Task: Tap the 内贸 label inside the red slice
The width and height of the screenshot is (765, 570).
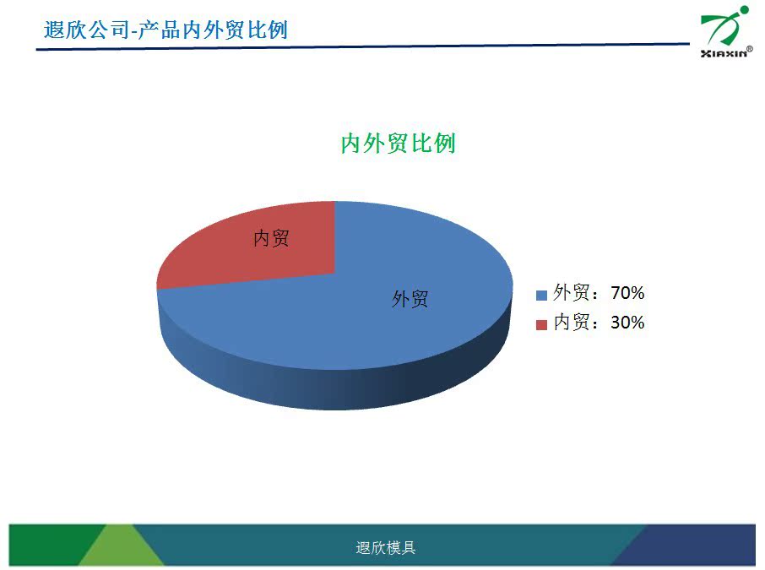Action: [x=271, y=238]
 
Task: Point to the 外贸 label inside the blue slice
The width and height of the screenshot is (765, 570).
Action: [x=410, y=299]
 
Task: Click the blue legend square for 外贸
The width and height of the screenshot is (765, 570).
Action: [x=541, y=295]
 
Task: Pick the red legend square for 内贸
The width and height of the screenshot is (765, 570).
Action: [x=541, y=324]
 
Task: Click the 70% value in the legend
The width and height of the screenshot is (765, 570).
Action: [x=627, y=293]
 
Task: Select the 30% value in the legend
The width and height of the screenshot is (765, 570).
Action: [x=627, y=323]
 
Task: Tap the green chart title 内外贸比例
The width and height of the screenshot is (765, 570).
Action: [x=398, y=144]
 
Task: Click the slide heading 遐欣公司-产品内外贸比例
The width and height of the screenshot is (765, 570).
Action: [x=165, y=30]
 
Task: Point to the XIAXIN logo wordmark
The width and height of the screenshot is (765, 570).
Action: [x=724, y=53]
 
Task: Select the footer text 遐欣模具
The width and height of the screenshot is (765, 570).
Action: [x=385, y=547]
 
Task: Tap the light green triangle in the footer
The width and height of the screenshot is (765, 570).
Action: [x=121, y=549]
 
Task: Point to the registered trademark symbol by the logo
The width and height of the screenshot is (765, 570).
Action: [x=750, y=49]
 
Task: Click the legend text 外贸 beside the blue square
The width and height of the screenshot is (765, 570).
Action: [x=572, y=293]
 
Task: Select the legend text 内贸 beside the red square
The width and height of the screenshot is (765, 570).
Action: [x=572, y=323]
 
